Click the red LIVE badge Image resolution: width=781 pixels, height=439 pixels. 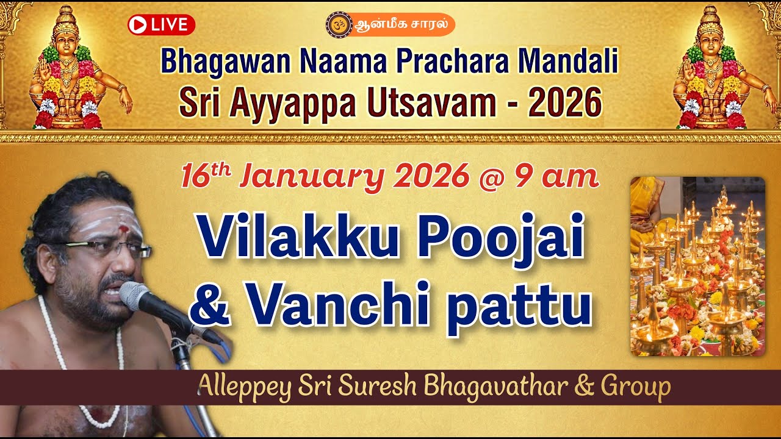click(x=161, y=25)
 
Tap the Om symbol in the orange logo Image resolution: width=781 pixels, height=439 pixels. click(x=336, y=24)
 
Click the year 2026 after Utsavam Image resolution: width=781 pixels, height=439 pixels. click(x=565, y=102)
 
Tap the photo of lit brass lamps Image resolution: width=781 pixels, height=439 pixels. click(x=697, y=266)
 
